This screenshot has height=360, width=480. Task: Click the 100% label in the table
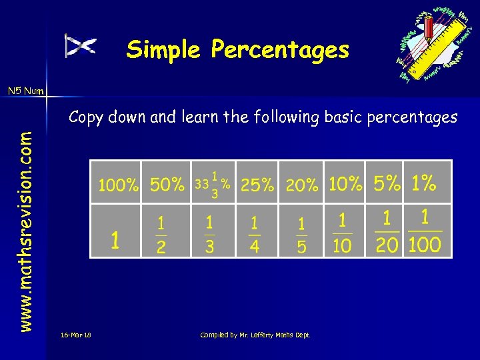click(119, 185)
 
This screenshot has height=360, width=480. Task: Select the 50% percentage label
click(167, 185)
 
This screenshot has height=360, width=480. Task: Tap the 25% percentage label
click(257, 185)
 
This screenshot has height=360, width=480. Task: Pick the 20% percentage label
click(302, 186)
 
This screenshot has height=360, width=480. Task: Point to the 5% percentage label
click(387, 183)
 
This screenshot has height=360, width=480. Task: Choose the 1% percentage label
click(424, 183)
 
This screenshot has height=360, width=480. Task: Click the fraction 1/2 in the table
click(161, 235)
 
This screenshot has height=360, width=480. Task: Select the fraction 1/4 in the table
click(254, 235)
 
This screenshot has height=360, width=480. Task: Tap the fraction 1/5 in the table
click(301, 235)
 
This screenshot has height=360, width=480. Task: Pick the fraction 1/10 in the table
click(342, 233)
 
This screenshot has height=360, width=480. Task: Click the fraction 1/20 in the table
click(387, 231)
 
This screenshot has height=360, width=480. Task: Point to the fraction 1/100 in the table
click(425, 231)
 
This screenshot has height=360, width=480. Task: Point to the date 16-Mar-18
click(75, 335)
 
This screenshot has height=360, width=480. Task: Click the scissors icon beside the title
click(80, 45)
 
